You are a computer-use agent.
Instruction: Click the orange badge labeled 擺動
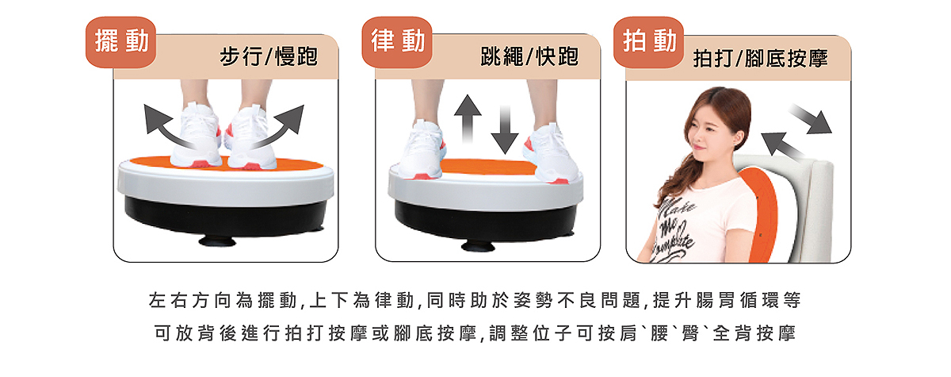(x=121, y=42)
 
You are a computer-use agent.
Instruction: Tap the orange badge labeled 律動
(x=397, y=42)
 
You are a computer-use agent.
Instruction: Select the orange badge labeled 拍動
(x=649, y=42)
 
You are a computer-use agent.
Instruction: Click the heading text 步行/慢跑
(x=269, y=56)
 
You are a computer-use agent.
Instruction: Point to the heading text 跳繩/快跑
(x=529, y=56)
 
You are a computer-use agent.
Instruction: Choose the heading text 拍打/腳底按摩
(x=760, y=58)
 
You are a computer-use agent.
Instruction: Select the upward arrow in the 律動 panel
(x=468, y=119)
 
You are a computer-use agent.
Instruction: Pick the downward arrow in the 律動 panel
(x=505, y=129)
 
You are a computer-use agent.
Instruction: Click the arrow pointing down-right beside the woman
(x=811, y=119)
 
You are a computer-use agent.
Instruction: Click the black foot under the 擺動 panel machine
(x=217, y=241)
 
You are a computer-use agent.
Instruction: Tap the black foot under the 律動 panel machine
(x=478, y=245)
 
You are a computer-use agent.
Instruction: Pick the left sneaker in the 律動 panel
(x=422, y=151)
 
